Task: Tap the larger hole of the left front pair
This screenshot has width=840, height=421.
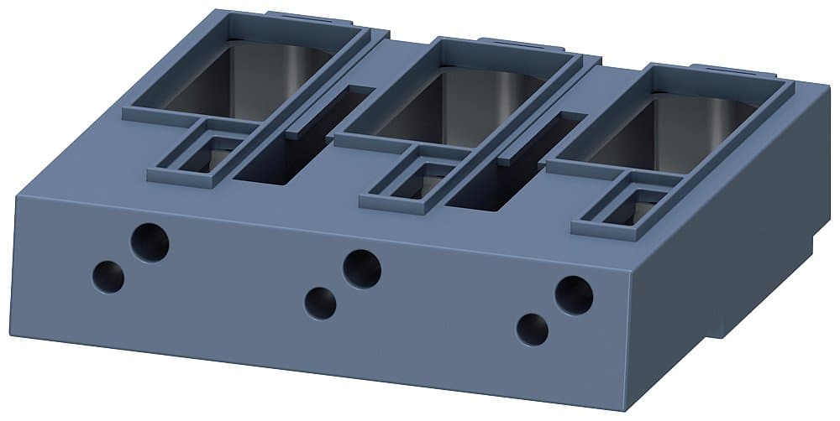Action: (x=150, y=243)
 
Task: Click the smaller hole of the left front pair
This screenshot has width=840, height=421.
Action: (x=108, y=276)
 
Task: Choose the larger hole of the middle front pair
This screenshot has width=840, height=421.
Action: (x=362, y=269)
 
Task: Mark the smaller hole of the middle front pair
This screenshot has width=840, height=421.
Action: (x=320, y=303)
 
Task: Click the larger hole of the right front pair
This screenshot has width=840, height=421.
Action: (x=574, y=295)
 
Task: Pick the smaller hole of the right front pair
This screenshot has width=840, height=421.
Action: (x=532, y=330)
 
